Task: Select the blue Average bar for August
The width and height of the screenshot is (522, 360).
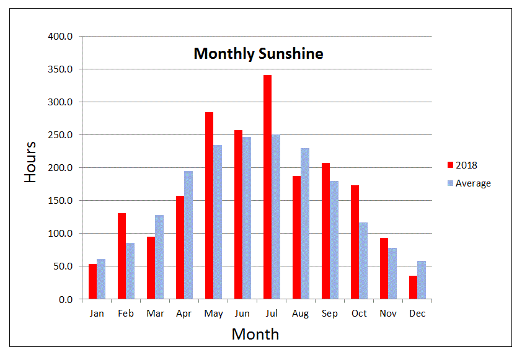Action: click(305, 224)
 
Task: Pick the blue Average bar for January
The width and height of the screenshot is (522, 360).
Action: click(101, 279)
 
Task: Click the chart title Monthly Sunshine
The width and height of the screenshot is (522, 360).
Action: click(259, 54)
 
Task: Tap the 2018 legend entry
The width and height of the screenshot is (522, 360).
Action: click(462, 165)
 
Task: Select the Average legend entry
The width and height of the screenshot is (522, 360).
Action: click(468, 183)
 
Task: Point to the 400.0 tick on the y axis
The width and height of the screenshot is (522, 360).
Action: click(61, 37)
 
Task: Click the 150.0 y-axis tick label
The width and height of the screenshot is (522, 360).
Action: click(61, 201)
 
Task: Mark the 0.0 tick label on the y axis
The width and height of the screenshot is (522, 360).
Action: click(65, 300)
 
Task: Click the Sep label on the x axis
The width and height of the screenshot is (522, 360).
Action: click(330, 314)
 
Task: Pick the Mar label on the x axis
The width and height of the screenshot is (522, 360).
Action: click(155, 314)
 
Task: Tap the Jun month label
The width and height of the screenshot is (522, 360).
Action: click(242, 314)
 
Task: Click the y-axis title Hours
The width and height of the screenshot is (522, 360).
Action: click(30, 162)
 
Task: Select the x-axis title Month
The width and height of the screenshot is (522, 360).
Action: click(255, 335)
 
